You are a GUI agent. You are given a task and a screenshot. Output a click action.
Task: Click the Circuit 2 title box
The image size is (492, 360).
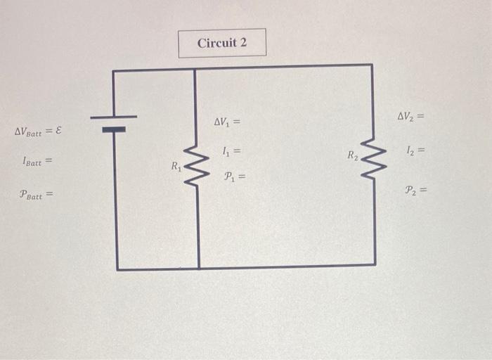click(222, 43)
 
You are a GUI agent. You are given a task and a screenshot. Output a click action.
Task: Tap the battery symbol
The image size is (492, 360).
click(113, 123)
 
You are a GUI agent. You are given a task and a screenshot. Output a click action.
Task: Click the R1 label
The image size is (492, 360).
click(176, 167)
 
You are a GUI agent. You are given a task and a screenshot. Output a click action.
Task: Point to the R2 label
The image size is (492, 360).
click(353, 155)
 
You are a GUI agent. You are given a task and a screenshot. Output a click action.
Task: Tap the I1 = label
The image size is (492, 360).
click(231, 150)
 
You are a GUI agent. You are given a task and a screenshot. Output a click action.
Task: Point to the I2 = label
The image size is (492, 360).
click(415, 150)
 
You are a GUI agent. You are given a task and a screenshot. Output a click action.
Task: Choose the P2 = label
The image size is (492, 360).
click(415, 189)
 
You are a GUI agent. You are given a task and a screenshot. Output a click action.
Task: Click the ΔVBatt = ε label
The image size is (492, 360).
click(38, 131)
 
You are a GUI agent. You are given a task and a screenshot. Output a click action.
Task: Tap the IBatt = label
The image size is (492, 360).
click(37, 162)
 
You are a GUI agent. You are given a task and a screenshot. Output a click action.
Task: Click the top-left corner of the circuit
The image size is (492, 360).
click(113, 70)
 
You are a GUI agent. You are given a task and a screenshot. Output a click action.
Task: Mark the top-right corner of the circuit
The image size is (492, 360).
click(372, 65)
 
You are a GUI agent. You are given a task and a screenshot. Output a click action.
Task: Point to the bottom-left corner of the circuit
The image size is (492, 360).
click(117, 269)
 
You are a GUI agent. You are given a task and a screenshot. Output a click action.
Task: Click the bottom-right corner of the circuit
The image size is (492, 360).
click(375, 265)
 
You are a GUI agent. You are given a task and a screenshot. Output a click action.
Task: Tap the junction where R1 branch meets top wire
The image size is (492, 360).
click(195, 69)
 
